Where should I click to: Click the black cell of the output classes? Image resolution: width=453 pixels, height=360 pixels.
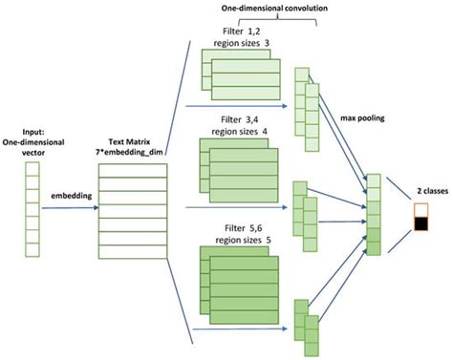pyautogui.click(x=419, y=225)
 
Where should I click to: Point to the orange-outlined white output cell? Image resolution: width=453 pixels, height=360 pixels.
pyautogui.click(x=419, y=210)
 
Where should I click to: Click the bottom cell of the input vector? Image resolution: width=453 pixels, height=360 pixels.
pyautogui.click(x=32, y=252)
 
